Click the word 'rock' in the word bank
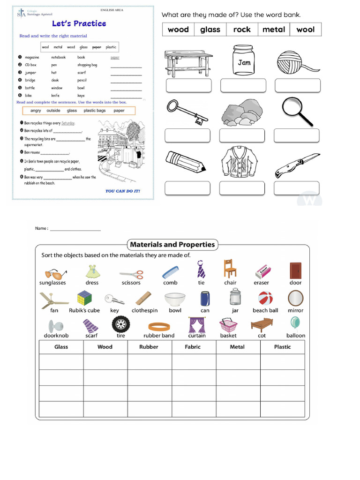coord(242,30)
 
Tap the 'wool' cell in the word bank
coord(306,30)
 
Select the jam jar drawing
coord(244,60)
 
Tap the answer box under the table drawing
coord(188,86)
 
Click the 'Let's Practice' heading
coord(79,23)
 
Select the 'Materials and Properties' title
coord(172,244)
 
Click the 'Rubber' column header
coord(149,347)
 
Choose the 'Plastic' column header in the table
coord(282,347)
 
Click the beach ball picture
coord(265,298)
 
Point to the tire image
coord(120,324)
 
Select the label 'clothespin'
coord(144,310)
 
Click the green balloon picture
coord(295,322)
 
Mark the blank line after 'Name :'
coord(75,229)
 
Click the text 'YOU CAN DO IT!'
coord(122,191)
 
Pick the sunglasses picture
coord(55,273)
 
